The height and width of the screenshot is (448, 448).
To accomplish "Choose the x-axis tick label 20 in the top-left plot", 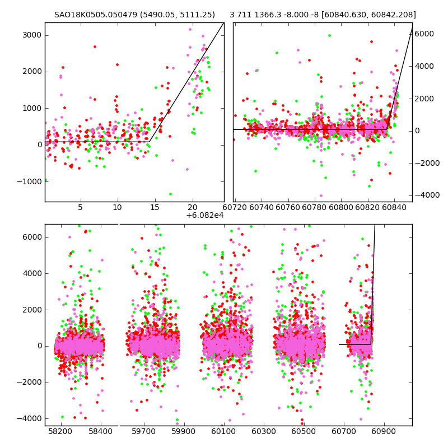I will click(x=193, y=208).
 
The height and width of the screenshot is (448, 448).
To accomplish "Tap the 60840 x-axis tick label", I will click(x=394, y=208).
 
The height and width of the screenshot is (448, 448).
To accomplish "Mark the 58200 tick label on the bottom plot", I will click(x=60, y=432).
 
